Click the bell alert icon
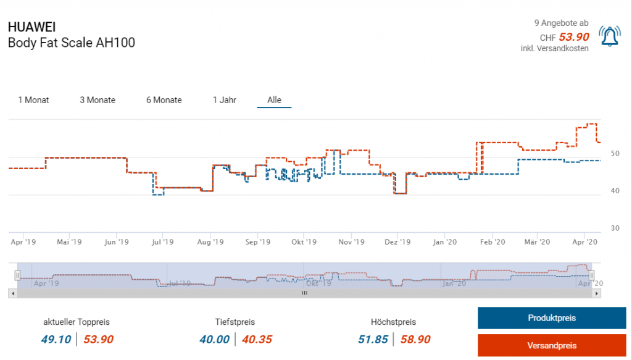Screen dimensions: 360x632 610,38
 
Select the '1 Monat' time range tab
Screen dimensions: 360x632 33,100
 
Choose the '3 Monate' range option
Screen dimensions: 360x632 98,100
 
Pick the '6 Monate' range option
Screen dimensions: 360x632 164,100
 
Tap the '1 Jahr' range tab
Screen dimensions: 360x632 225,100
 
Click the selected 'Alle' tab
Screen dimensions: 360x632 274,100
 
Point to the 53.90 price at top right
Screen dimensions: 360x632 574,37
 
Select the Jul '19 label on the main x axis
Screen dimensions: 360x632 163,243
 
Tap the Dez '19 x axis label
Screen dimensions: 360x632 397,243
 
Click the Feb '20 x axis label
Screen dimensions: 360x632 492,243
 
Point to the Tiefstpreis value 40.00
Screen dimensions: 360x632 214,339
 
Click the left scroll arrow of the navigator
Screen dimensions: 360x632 12,293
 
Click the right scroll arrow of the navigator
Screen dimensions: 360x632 596,293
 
